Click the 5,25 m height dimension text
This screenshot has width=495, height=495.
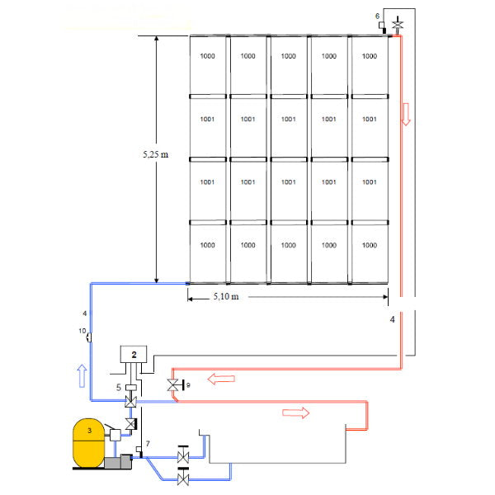(154, 153)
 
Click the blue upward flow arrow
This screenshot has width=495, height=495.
(79, 376)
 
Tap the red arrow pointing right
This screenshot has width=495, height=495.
(295, 412)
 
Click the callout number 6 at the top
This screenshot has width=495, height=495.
(378, 16)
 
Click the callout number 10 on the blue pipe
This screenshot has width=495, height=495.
(82, 331)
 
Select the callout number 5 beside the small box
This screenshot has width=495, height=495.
(119, 386)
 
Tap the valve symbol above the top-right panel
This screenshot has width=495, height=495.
(398, 25)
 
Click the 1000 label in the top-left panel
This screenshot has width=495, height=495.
(207, 57)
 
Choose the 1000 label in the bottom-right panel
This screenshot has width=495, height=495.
(369, 245)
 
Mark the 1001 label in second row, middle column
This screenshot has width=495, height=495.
(288, 120)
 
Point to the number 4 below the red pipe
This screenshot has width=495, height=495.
(392, 318)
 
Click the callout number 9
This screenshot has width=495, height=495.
(188, 385)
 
